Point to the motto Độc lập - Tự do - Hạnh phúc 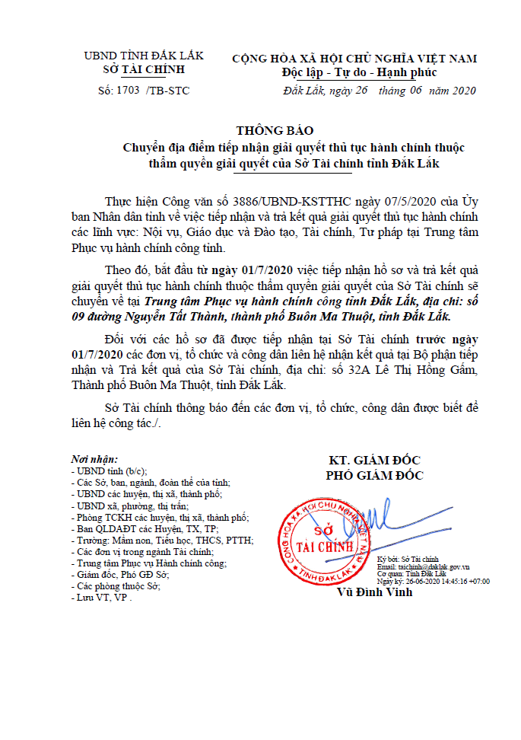(354, 73)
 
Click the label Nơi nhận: (94, 461)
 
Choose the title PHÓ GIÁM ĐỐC (375, 476)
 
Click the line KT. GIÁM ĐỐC (374, 461)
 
